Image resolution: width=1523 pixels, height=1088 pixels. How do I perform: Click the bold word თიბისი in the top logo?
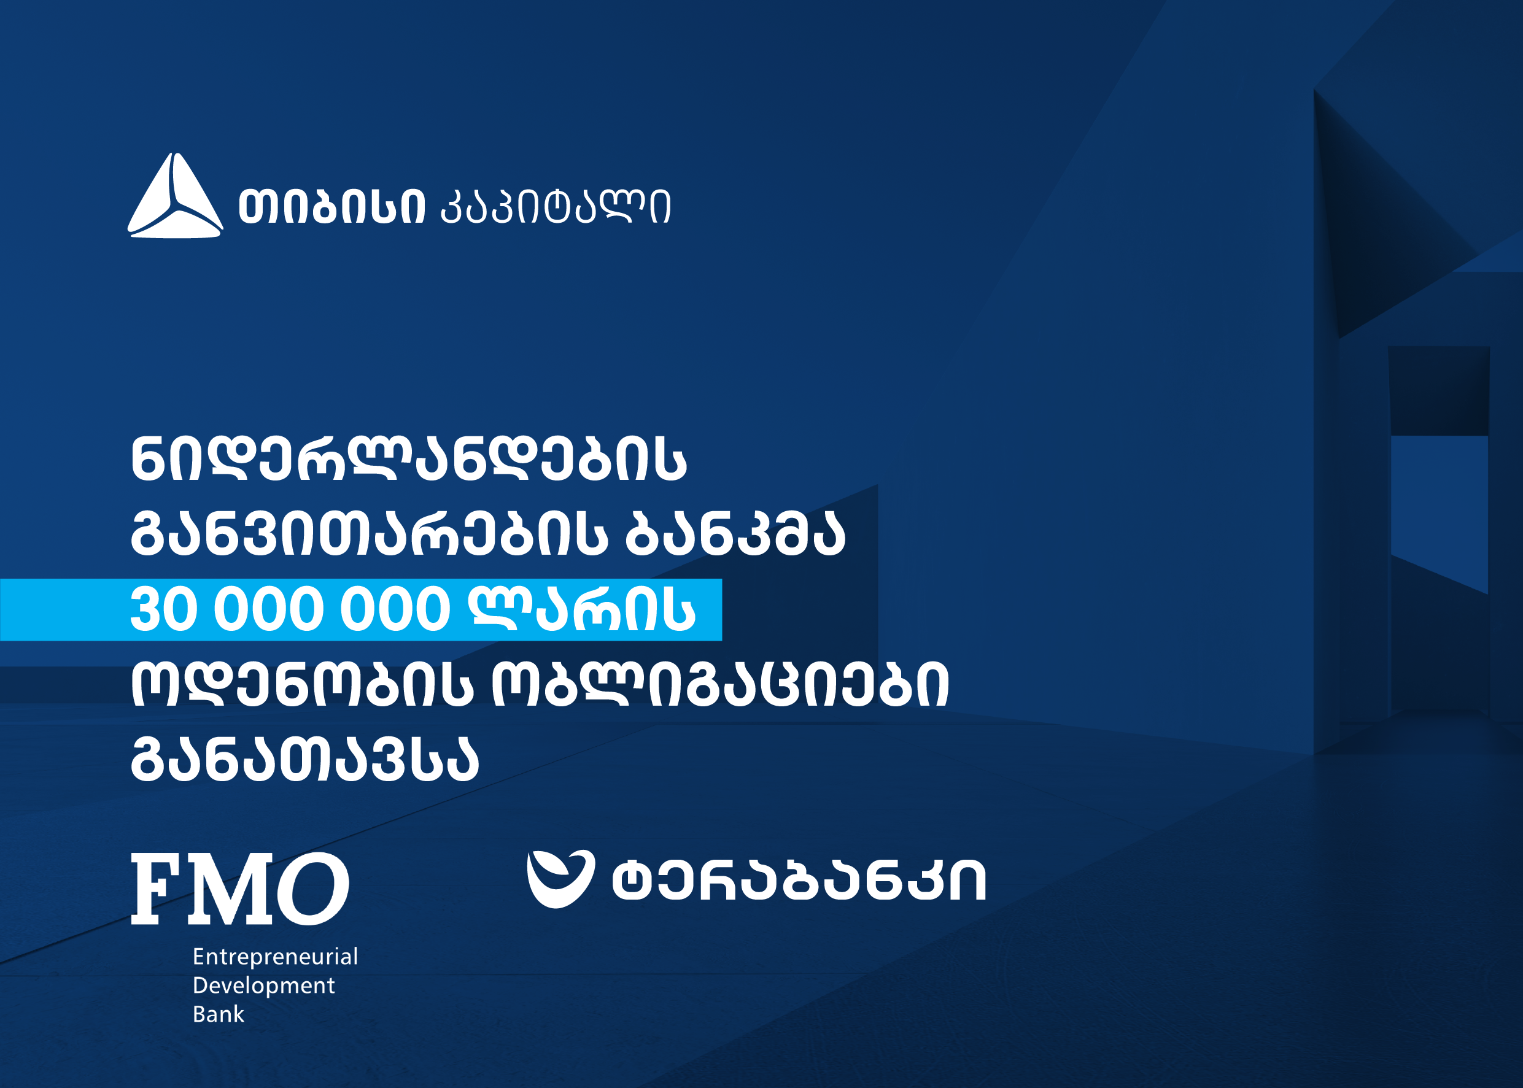(x=331, y=206)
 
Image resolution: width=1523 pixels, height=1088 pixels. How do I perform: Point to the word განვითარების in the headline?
(x=369, y=534)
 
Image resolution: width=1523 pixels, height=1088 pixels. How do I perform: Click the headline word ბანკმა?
(x=735, y=534)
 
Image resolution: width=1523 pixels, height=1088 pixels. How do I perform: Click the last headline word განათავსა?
(x=305, y=759)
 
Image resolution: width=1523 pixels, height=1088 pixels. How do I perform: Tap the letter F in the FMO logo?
(x=156, y=889)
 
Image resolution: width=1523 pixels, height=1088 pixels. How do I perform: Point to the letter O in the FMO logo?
(x=312, y=889)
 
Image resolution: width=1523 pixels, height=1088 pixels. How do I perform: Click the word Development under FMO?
(x=263, y=986)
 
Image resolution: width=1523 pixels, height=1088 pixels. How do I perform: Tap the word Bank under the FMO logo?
(x=219, y=1014)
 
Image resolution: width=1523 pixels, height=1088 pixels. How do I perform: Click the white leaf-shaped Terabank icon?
(x=560, y=879)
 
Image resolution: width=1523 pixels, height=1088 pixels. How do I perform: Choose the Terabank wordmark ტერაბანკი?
(x=799, y=879)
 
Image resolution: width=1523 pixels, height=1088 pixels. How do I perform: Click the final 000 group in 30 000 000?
(x=395, y=609)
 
